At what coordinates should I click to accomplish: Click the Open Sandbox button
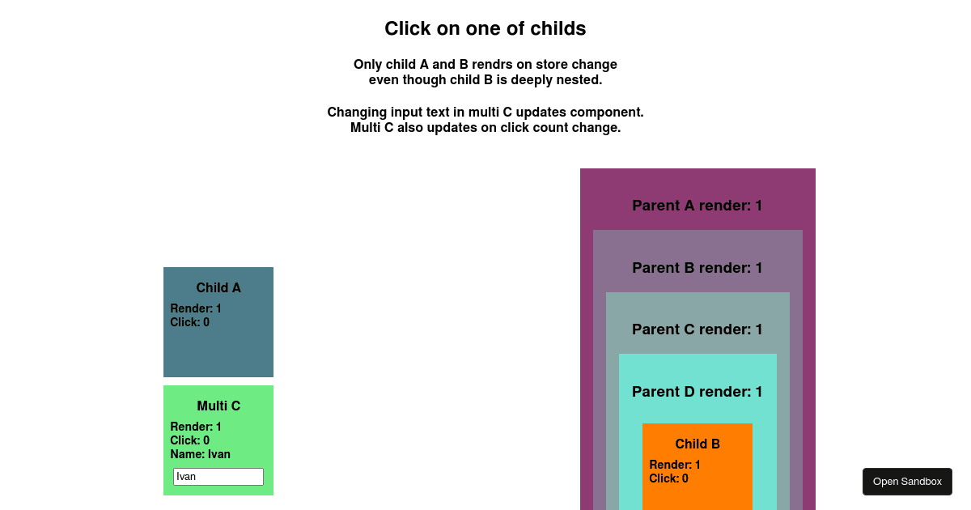click(907, 482)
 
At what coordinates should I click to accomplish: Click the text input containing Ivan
click(218, 477)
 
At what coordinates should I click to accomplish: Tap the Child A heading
click(218, 287)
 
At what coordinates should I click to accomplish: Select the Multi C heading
click(218, 406)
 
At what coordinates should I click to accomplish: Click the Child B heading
click(698, 444)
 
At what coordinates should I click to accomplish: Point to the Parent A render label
click(697, 205)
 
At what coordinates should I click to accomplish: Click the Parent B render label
click(697, 268)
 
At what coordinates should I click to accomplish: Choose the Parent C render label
click(697, 329)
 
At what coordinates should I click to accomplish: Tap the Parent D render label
click(697, 392)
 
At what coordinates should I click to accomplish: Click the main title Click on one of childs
click(485, 28)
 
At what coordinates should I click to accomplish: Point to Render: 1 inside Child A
click(196, 308)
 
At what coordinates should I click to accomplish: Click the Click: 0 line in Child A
click(190, 322)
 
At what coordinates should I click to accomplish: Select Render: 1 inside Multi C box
click(196, 427)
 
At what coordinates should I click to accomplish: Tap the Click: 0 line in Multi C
click(190, 440)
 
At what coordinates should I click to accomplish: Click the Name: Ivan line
click(201, 454)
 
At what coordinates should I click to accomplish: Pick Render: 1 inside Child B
click(675, 465)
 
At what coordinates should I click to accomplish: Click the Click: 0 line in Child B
click(669, 478)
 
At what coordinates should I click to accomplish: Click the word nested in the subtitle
click(580, 80)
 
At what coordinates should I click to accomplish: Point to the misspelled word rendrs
click(493, 64)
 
